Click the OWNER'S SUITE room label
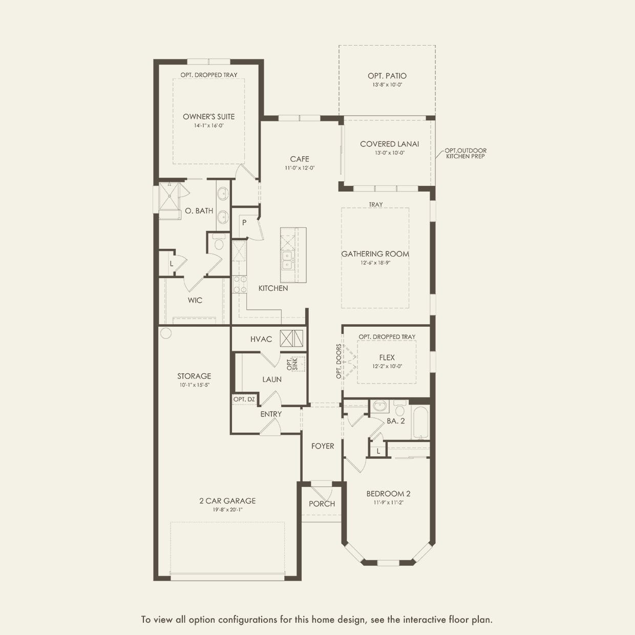tap(208, 117)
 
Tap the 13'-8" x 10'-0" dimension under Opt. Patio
tap(387, 85)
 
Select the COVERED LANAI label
tap(389, 144)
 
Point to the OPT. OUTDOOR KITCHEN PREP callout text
tap(465, 153)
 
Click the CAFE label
tap(299, 159)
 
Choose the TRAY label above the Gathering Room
tap(375, 205)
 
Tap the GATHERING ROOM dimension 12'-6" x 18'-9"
tap(375, 263)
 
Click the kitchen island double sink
tap(287, 260)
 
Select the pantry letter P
tap(244, 223)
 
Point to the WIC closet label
tap(195, 301)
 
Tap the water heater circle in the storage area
tap(165, 333)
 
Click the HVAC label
tap(261, 340)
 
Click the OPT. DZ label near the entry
tap(244, 399)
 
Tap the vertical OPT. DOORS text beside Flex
tap(338, 362)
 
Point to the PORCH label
tap(322, 504)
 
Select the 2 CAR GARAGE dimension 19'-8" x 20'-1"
tap(227, 510)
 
